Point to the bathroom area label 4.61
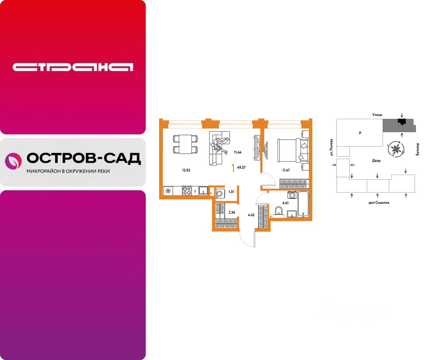point(285,203)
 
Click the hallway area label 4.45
point(251,215)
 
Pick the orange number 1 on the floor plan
point(234,167)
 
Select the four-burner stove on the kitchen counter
point(186,190)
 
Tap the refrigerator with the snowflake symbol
point(168,190)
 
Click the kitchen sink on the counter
point(203,190)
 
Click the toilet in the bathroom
point(278,211)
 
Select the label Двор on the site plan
point(377,161)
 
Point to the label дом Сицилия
point(379,202)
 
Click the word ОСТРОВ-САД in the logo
point(84,158)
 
